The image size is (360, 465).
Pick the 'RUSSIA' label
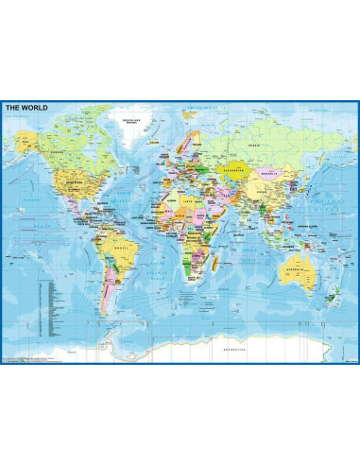click(255, 147)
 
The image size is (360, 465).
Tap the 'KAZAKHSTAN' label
click(230, 170)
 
